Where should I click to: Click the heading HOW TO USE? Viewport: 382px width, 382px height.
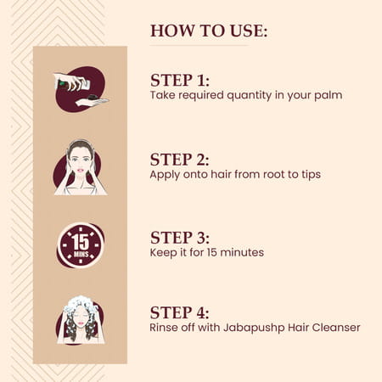[x=209, y=31]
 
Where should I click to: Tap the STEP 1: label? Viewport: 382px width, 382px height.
[x=180, y=81]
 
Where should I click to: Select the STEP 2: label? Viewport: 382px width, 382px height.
[x=180, y=160]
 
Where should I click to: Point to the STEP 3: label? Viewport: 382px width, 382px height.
[x=180, y=238]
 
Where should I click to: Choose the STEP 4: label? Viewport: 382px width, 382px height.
[x=180, y=312]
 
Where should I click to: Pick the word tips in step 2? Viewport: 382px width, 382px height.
[x=311, y=175]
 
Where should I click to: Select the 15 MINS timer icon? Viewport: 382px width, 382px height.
[x=81, y=245]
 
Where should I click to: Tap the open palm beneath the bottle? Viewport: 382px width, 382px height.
[x=92, y=101]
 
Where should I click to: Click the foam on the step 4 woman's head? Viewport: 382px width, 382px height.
[x=80, y=305]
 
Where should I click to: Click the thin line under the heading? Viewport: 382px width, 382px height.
[x=199, y=45]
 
